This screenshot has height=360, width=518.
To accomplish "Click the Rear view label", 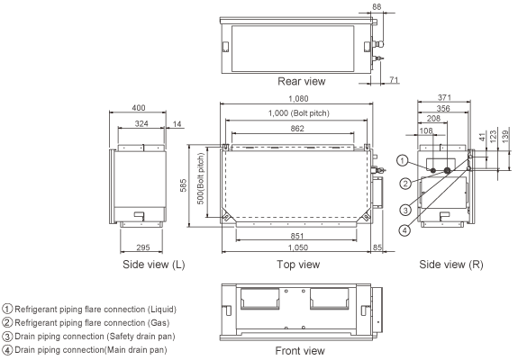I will click(301, 80).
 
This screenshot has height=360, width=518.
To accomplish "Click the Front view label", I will click(301, 349).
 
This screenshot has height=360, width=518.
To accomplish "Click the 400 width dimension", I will click(137, 107).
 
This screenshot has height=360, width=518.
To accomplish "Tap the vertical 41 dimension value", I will click(482, 134).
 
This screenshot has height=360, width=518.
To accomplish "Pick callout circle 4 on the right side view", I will click(406, 229).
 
